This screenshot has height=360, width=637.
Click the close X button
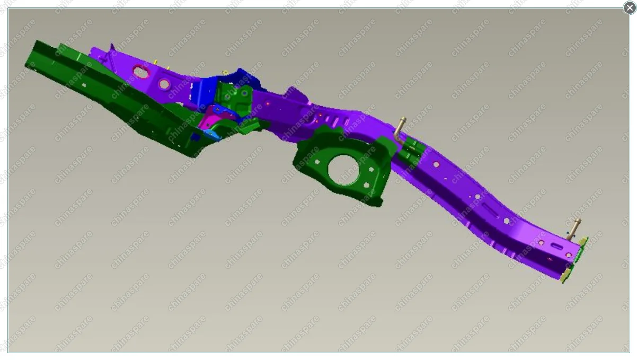click(x=630, y=7)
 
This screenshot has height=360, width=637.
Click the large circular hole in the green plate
click(x=344, y=170)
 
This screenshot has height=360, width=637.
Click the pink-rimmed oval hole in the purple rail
click(x=141, y=72)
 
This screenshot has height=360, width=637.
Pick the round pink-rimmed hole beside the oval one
click(x=164, y=84)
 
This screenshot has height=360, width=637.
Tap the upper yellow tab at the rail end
click(x=583, y=242)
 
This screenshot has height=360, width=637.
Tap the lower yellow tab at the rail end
click(x=567, y=275)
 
